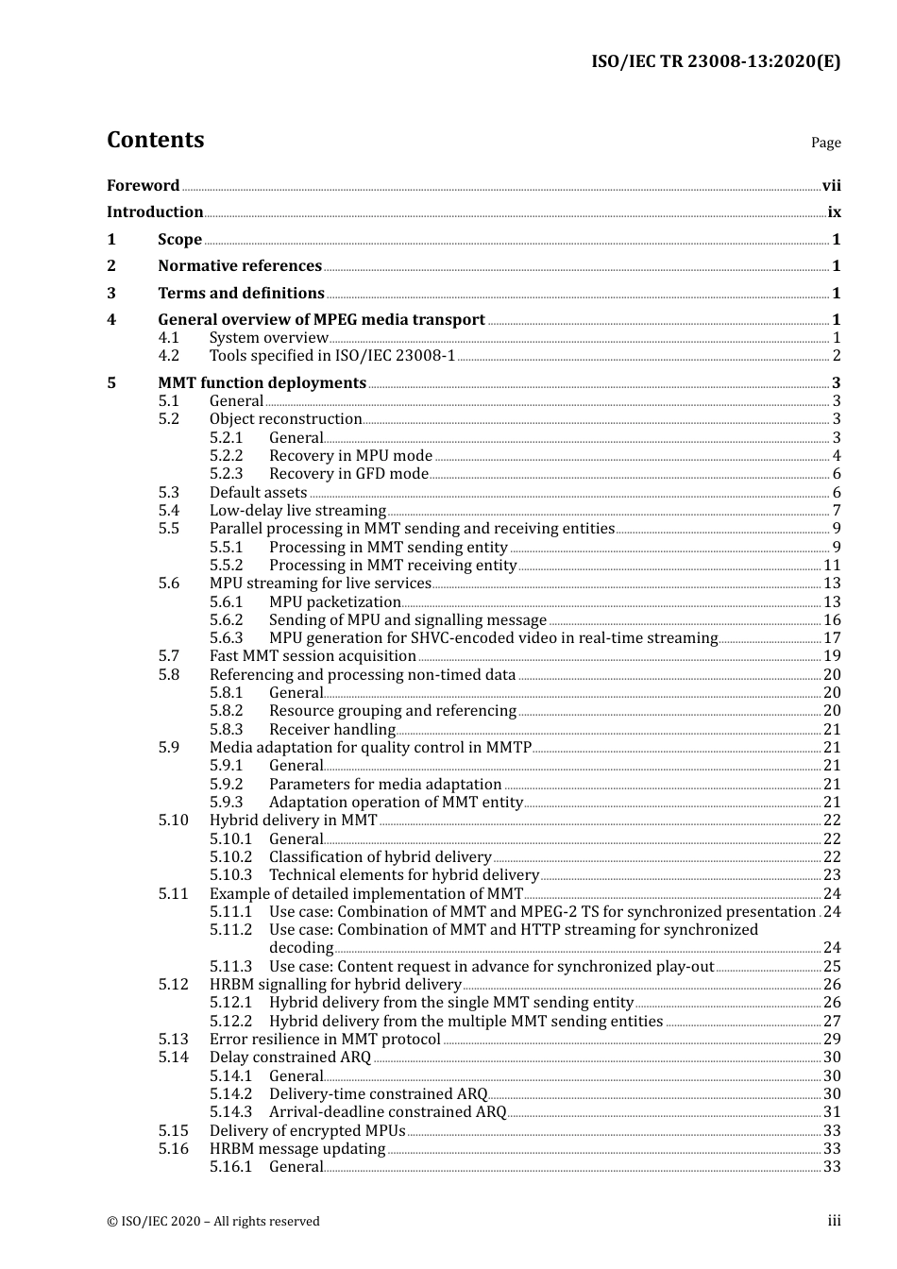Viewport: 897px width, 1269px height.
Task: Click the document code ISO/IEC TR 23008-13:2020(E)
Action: pyautogui.click(x=716, y=62)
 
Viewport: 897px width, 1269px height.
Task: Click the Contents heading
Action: pyautogui.click(x=155, y=140)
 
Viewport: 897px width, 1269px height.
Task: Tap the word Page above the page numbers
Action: pyautogui.click(x=825, y=143)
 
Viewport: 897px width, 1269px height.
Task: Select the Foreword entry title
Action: pyautogui.click(x=143, y=186)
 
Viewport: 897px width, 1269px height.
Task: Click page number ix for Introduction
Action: pyautogui.click(x=834, y=212)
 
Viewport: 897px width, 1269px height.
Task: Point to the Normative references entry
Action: pyautogui.click(x=240, y=266)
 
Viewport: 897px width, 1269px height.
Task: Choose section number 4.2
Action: pyautogui.click(x=169, y=356)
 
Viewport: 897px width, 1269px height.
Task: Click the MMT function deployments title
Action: pyautogui.click(x=262, y=383)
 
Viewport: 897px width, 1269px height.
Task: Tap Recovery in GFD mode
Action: pyautogui.click(x=348, y=474)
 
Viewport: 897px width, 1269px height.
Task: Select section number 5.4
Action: pyautogui.click(x=169, y=511)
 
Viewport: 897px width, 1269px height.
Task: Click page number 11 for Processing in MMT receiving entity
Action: pyautogui.click(x=832, y=566)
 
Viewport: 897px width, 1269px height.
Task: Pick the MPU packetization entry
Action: pyautogui.click(x=335, y=602)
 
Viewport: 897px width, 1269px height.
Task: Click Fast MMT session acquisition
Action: pyautogui.click(x=313, y=656)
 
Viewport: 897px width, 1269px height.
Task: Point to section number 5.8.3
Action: pyautogui.click(x=227, y=730)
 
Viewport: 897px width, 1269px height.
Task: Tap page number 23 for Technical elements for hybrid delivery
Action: pyautogui.click(x=832, y=875)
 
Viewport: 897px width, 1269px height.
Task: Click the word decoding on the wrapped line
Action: pyautogui.click(x=301, y=948)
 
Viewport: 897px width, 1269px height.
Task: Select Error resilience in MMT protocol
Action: pyautogui.click(x=325, y=1040)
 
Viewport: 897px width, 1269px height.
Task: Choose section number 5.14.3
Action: pyautogui.click(x=231, y=1112)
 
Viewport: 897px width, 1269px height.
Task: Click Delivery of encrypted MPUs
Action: pyautogui.click(x=307, y=1131)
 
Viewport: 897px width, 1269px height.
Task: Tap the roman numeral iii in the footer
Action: pyautogui.click(x=835, y=1221)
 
